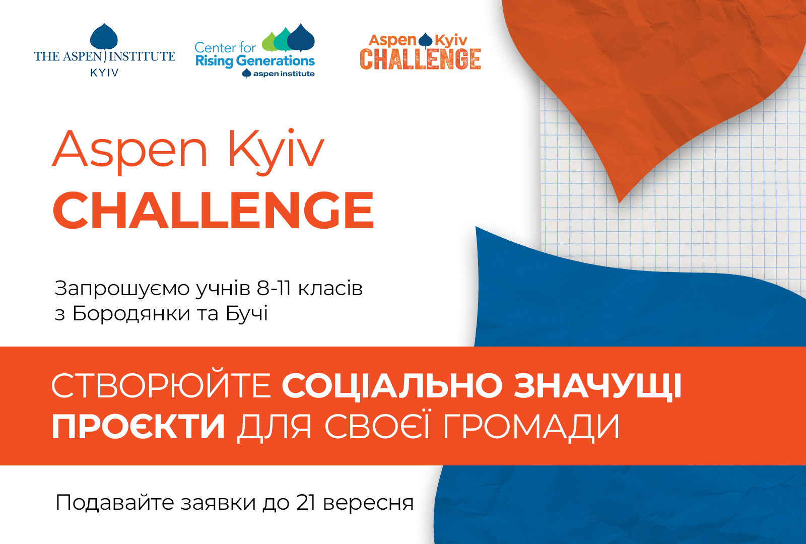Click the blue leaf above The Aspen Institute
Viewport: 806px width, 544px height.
pos(104,37)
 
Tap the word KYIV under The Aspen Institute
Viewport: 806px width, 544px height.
pos(104,73)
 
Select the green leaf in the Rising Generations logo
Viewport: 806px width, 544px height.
pos(271,42)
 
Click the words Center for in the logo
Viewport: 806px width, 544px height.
pos(225,47)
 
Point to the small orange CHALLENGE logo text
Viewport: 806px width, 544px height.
pos(420,59)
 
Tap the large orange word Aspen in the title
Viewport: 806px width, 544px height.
pos(130,152)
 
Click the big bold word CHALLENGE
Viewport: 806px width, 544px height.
pos(214,210)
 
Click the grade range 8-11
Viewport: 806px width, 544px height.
pos(274,289)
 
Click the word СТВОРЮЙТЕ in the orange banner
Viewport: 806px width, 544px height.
pos(161,385)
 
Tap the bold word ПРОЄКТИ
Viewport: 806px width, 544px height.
pos(139,427)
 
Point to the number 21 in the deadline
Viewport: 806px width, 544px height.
pos(306,503)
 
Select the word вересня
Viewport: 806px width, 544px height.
pos(368,503)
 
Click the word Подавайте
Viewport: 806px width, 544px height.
pos(115,503)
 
